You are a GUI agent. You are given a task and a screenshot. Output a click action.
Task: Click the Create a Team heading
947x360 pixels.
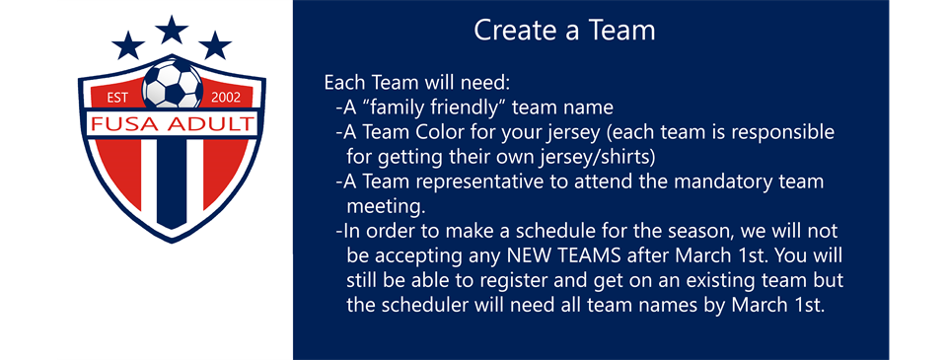pos(564,31)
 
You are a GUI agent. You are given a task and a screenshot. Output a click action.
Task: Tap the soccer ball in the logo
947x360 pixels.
pos(172,85)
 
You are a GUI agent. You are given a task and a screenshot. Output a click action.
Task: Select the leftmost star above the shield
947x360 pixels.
pos(127,44)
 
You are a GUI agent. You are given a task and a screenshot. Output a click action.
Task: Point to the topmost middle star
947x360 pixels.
pos(172,29)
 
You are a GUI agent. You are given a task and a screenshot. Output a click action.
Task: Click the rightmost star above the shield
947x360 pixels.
pos(215,44)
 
